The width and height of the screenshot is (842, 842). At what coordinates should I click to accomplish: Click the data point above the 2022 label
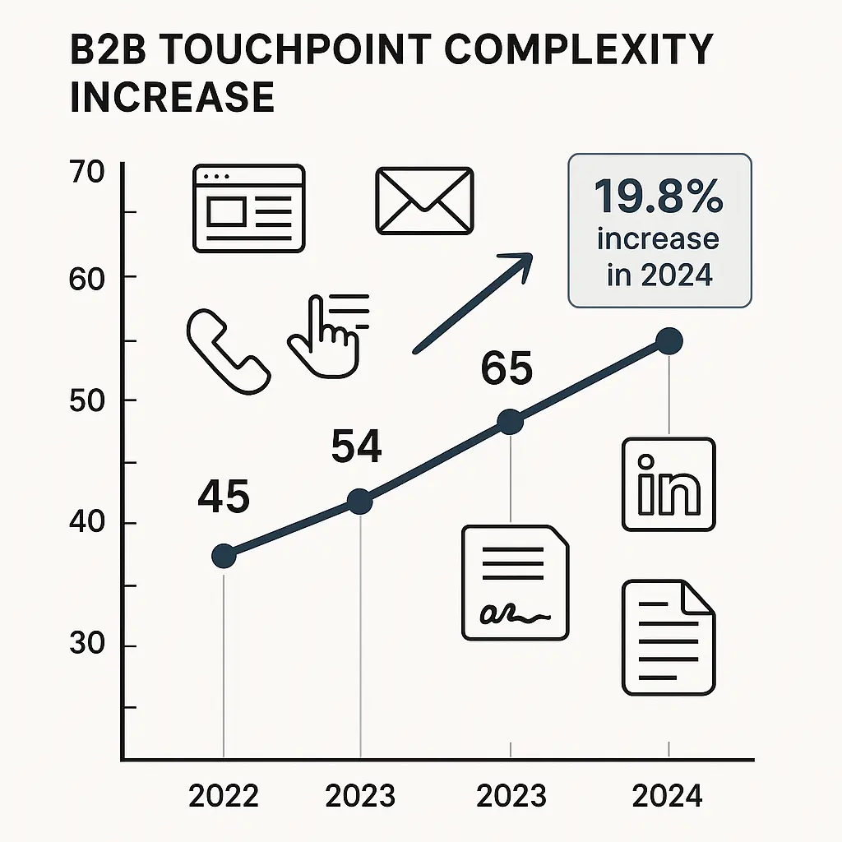click(x=224, y=556)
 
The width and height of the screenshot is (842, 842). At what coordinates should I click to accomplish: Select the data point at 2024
click(x=669, y=341)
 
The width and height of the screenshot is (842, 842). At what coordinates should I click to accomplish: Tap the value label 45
click(x=224, y=497)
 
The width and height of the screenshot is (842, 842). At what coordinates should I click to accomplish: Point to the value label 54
click(x=356, y=447)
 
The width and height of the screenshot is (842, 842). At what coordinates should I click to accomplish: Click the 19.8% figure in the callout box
click(x=659, y=198)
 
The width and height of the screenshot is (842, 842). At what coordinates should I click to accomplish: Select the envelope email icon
click(x=424, y=201)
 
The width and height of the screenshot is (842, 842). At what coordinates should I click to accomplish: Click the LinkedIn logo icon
click(x=669, y=484)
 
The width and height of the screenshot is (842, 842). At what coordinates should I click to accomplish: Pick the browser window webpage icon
click(x=248, y=208)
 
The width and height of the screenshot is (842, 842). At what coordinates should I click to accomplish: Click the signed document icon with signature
click(x=515, y=582)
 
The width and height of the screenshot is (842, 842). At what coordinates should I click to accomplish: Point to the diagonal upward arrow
click(x=472, y=303)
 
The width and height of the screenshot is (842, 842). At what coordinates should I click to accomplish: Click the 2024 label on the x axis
click(x=668, y=796)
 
